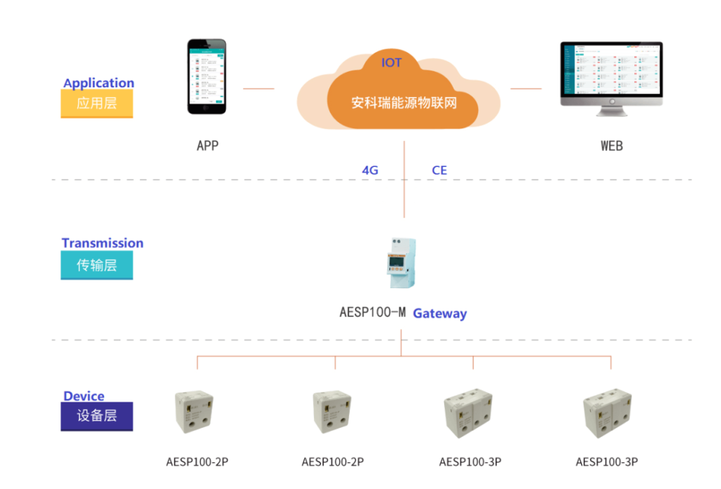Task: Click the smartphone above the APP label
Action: (x=207, y=76)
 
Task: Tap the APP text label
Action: (x=208, y=146)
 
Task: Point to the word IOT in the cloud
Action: (x=391, y=63)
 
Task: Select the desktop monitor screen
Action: (x=611, y=70)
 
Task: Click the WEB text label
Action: (x=611, y=146)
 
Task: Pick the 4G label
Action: (x=370, y=171)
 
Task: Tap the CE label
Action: (x=439, y=171)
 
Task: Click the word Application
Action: (x=99, y=83)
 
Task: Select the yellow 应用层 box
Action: (x=96, y=104)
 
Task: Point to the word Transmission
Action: (x=102, y=243)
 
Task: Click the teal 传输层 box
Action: (x=96, y=266)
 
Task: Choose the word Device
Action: (x=84, y=396)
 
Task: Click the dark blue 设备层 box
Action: (x=96, y=416)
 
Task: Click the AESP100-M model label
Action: (x=372, y=312)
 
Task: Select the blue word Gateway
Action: (x=439, y=314)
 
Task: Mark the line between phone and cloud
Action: (x=258, y=89)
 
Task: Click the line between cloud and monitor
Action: (x=526, y=89)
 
